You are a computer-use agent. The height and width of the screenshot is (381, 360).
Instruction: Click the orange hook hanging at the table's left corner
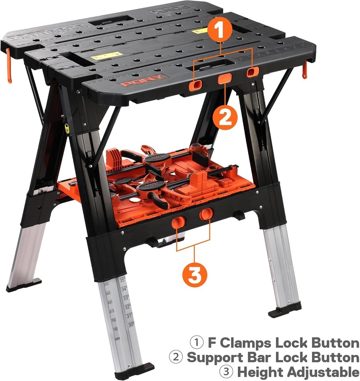pyautogui.click(x=9, y=65)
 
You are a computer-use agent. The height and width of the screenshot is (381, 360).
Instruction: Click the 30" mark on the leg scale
pyautogui.click(x=131, y=325)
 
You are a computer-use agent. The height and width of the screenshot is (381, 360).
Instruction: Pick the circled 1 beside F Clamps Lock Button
pyautogui.click(x=196, y=343)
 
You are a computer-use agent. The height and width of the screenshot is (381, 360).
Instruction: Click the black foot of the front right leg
pyautogui.click(x=284, y=311)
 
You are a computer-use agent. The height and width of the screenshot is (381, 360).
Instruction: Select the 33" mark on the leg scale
pyautogui.click(x=126, y=298)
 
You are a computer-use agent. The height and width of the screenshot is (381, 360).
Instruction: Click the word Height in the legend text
pyautogui.click(x=256, y=372)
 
